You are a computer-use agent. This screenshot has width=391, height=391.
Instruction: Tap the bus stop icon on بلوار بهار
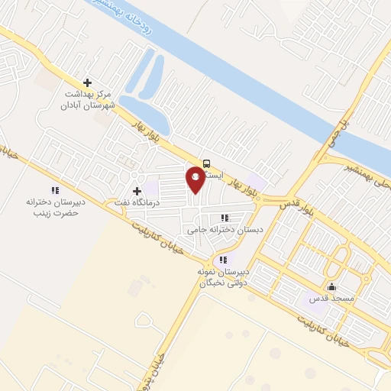(206, 162)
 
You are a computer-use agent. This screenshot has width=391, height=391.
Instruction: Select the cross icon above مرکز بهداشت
(87, 82)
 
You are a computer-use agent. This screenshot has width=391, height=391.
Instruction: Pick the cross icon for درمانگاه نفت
(137, 191)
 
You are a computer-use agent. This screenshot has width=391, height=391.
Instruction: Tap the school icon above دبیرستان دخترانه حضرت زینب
(54, 189)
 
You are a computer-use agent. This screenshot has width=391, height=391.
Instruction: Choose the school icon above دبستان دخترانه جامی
(225, 218)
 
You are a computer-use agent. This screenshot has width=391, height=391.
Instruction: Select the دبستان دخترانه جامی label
(225, 229)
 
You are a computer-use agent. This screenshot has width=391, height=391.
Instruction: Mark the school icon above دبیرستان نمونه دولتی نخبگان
(222, 260)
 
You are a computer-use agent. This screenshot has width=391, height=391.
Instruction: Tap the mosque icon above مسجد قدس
(331, 288)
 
